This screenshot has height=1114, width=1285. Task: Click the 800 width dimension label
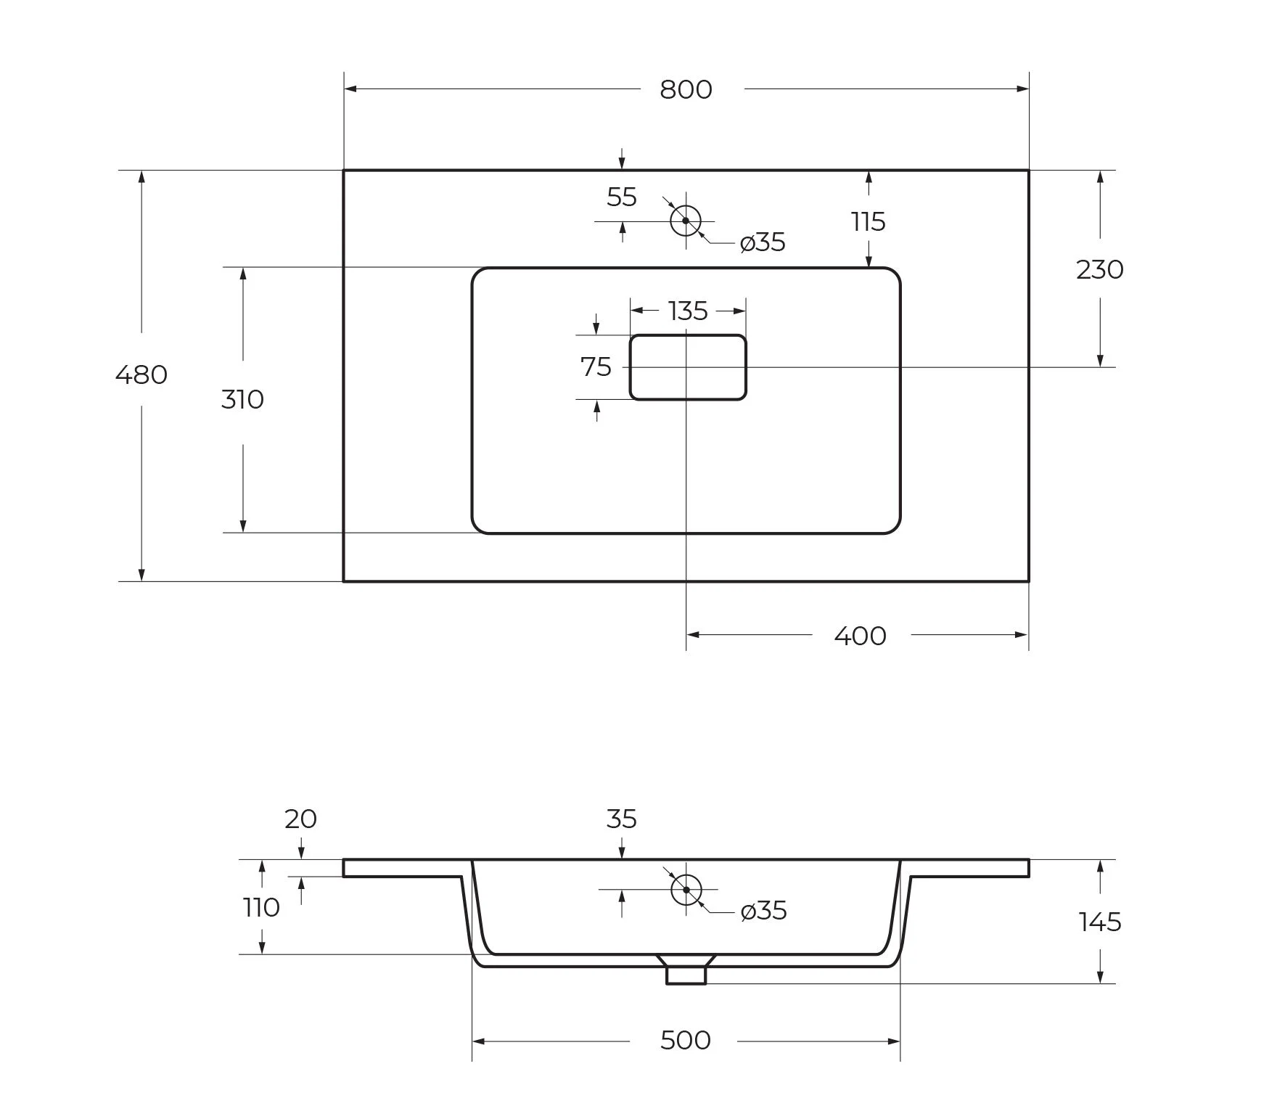coord(686,89)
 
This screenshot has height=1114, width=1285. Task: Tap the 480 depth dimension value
coord(141,374)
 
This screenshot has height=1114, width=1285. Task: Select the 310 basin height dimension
coord(242,399)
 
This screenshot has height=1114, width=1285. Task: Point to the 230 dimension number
coord(1100,270)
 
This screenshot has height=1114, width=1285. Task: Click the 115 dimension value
coord(869,222)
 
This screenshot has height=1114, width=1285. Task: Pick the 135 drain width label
coord(688,311)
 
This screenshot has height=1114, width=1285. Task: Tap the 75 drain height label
coord(596,367)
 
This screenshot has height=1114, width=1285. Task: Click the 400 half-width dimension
coord(861,636)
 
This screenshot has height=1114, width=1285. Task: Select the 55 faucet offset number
coord(622,197)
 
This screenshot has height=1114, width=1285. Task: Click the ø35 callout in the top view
coord(763,242)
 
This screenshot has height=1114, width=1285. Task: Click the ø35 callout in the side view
coord(764,911)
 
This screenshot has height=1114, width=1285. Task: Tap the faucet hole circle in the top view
coord(686,221)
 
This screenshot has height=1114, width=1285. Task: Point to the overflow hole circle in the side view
coord(686,889)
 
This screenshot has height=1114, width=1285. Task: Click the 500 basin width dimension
coord(686,1040)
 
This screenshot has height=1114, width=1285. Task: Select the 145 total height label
coord(1100,922)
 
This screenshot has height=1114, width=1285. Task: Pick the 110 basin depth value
coord(261,907)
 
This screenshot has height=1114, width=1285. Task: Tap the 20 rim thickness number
coord(300,819)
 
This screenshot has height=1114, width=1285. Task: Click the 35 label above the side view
coord(622,819)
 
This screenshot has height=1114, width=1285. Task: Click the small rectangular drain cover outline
coord(688,367)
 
